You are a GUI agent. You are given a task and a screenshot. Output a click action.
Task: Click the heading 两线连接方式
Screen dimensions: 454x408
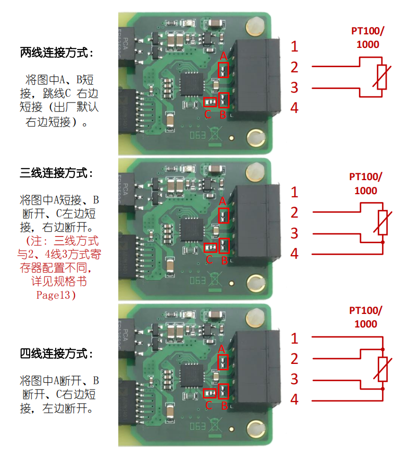point(57,53)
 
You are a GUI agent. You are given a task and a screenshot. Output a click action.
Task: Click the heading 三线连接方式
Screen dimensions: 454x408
point(57,172)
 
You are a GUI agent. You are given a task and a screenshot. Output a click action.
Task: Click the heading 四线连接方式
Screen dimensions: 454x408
point(57,354)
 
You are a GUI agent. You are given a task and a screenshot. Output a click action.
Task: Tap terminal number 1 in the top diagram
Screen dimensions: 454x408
point(294,46)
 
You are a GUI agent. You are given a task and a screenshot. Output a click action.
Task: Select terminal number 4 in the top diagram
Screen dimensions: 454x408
point(294,108)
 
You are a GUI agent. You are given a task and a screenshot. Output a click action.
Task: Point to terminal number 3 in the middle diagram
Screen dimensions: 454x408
point(294,233)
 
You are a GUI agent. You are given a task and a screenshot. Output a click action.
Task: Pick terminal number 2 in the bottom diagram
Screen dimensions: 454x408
point(294,359)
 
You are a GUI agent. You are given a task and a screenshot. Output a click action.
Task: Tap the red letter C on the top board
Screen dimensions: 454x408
point(207,114)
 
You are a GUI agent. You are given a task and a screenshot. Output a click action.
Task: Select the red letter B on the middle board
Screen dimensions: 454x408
point(224,260)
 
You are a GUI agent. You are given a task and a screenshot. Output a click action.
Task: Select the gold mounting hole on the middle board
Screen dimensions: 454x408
point(256,283)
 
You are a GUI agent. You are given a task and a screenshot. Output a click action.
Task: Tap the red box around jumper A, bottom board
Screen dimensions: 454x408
point(224,361)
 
